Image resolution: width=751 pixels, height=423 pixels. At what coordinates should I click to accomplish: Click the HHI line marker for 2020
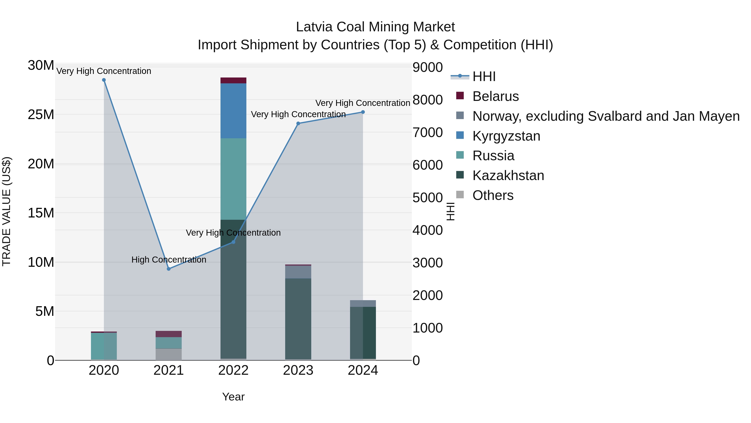click(104, 80)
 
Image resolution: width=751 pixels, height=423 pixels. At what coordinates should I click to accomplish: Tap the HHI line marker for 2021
click(169, 269)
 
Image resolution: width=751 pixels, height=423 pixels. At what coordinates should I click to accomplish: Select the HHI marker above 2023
click(298, 123)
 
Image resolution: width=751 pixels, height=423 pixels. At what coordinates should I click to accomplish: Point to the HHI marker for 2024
click(363, 112)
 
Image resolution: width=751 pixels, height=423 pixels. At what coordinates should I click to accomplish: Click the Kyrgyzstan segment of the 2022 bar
click(233, 111)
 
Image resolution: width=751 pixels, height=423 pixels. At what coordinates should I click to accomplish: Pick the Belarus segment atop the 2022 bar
click(233, 81)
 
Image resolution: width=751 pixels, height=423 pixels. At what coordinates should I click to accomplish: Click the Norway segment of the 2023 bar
click(298, 272)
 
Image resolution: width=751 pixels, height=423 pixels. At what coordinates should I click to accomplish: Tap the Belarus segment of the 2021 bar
click(169, 334)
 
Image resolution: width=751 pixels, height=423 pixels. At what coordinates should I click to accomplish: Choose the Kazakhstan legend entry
click(508, 175)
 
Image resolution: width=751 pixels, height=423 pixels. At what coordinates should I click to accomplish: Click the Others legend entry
click(493, 195)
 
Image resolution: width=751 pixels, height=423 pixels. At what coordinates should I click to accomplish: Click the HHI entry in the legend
click(484, 76)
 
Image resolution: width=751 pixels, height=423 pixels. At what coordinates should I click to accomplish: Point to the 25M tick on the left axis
click(41, 115)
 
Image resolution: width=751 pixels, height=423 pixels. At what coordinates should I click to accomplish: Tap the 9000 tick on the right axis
click(428, 67)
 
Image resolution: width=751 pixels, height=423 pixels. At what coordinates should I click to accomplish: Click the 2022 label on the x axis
click(233, 370)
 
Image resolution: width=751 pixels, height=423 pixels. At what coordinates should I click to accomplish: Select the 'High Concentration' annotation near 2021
click(169, 259)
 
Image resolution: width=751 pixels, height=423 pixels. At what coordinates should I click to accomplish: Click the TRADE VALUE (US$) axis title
click(6, 211)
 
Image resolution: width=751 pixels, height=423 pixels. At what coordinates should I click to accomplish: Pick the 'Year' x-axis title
click(233, 397)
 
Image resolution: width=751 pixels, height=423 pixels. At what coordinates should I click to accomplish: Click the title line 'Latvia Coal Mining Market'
click(375, 27)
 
